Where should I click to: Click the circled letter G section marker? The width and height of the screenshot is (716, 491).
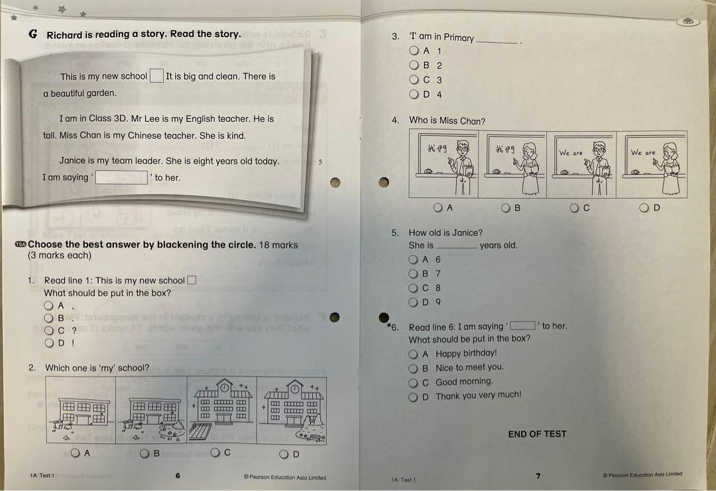tap(33, 34)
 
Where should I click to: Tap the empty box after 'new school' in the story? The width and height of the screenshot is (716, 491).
tap(156, 76)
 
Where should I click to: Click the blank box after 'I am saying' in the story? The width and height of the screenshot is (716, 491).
tap(121, 178)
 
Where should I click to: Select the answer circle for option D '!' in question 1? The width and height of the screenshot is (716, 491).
tap(48, 343)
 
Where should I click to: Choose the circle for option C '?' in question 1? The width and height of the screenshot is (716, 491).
tap(48, 330)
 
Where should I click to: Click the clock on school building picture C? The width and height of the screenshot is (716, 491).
tap(224, 386)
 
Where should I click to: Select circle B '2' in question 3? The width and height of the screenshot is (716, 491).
tap(414, 65)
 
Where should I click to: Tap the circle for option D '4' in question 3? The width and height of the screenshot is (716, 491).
tap(414, 94)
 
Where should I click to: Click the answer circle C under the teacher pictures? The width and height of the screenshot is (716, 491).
tap(575, 207)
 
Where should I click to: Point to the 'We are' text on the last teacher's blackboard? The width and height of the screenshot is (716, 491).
tap(642, 152)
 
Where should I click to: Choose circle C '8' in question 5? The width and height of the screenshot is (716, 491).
tap(414, 288)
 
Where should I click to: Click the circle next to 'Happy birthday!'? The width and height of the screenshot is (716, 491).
tap(414, 355)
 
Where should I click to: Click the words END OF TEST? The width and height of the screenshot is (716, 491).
tap(537, 434)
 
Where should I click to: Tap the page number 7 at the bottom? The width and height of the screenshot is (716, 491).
tap(538, 476)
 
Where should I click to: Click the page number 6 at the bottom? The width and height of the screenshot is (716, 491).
tap(178, 475)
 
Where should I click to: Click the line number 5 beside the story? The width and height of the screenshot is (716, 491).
tap(320, 162)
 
